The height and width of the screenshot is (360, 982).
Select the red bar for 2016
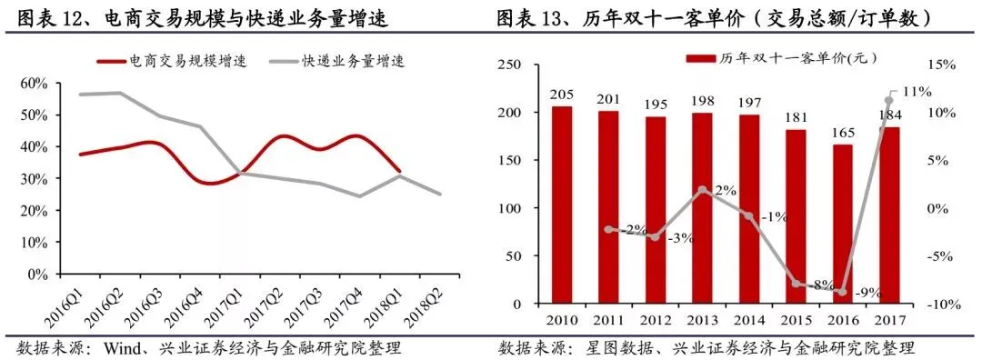pyautogui.click(x=842, y=225)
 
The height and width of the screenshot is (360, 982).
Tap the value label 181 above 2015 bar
pyautogui.click(x=796, y=118)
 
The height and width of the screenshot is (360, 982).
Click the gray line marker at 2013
pyautogui.click(x=702, y=189)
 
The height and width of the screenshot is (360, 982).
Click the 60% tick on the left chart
pyautogui.click(x=35, y=84)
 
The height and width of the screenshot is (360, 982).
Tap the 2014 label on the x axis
pyautogui.click(x=749, y=319)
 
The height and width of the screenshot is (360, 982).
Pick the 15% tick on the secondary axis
pyautogui.click(x=943, y=65)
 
